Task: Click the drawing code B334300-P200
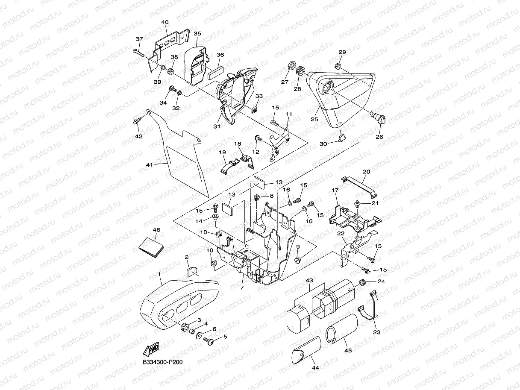point(163,362)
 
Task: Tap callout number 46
point(156,230)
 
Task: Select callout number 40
point(165,22)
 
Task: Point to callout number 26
point(379,137)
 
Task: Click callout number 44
point(315,368)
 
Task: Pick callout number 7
point(242,287)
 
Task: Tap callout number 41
point(150,164)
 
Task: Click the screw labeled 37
point(139,53)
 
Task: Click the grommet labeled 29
point(338,67)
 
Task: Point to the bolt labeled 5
point(209,341)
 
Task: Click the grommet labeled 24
point(362,282)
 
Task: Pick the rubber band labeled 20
point(359,188)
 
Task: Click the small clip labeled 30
point(342,138)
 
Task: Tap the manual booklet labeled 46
point(151,247)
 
